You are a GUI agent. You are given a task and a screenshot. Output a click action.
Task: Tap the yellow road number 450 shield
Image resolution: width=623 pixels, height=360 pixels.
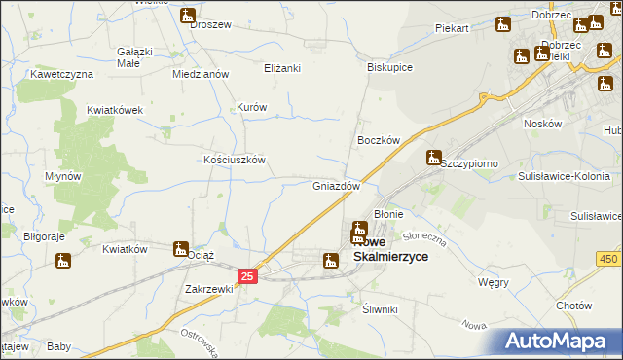coord(609,258)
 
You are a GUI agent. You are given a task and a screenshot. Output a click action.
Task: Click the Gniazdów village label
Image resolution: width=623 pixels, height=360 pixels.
coord(337,185)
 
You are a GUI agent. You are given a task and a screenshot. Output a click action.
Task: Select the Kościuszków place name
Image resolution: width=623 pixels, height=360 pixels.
coord(234,160)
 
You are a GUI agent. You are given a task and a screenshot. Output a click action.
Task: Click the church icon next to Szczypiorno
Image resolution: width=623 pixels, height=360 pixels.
coord(434,157)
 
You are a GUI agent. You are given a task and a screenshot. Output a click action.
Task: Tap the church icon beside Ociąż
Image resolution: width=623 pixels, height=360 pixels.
coord(181,249)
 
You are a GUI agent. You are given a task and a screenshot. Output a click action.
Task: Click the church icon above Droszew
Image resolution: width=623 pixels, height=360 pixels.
coord(188,16)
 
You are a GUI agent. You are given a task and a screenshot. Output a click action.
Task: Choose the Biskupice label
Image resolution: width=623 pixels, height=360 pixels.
coord(390,68)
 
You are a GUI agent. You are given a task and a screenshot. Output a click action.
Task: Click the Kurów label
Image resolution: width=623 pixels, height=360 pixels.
coord(252,107)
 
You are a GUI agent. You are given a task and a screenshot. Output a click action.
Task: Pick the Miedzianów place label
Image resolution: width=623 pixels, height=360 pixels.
coord(200,74)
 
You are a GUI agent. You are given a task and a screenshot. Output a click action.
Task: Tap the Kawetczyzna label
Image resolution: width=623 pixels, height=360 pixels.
coord(60,74)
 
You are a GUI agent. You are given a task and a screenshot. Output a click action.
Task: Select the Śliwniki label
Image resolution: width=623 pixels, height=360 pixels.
coord(380,308)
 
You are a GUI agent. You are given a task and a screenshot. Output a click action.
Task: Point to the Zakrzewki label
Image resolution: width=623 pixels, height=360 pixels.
coord(209,289)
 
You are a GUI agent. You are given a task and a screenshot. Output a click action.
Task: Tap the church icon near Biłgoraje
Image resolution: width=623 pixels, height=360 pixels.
coord(63,261)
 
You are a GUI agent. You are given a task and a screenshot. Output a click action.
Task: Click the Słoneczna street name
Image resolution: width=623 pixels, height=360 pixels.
coord(423,235)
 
